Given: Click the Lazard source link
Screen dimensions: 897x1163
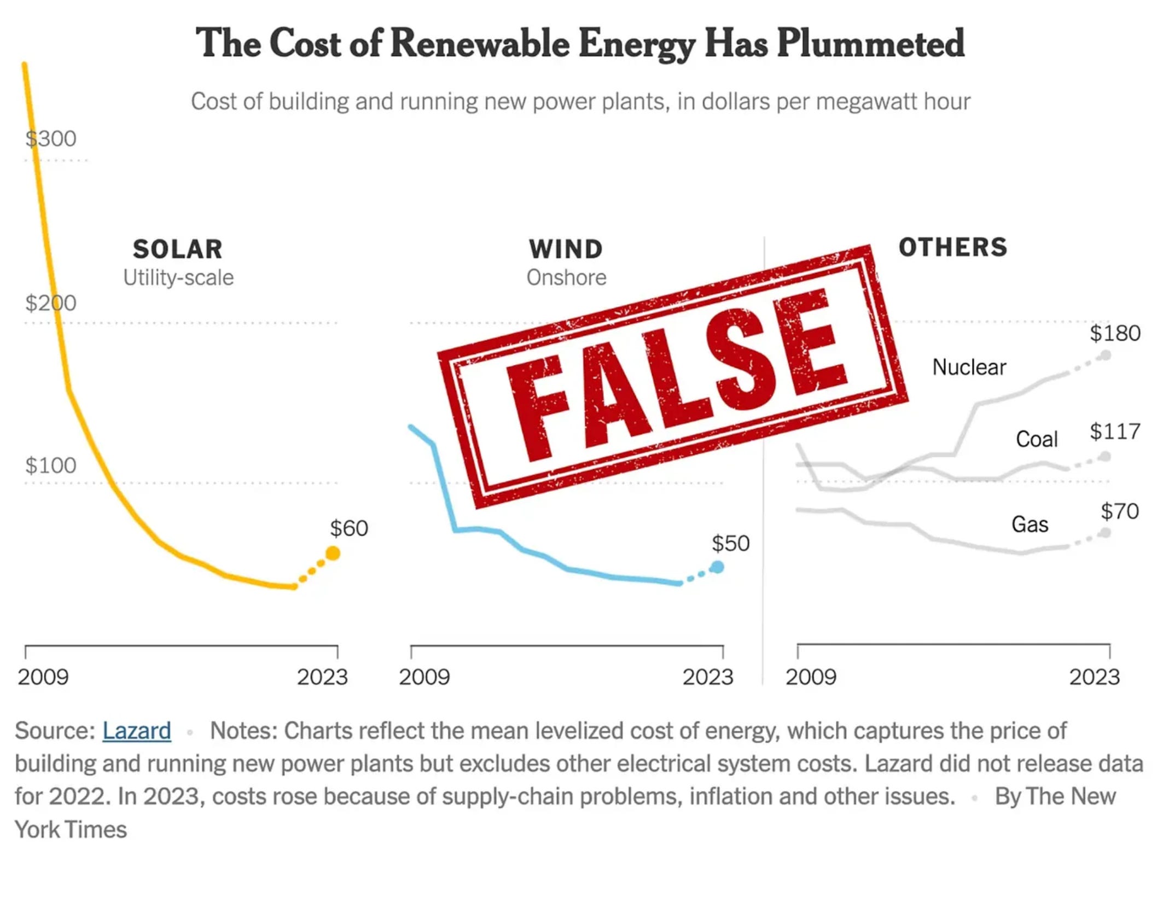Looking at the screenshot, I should (x=136, y=731).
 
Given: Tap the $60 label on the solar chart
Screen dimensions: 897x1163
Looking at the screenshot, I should (x=348, y=528).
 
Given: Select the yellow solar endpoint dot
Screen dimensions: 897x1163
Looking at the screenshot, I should (x=333, y=554).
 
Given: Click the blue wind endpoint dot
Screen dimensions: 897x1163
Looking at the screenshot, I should (x=717, y=567).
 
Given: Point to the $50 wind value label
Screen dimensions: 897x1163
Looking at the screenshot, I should (x=730, y=544).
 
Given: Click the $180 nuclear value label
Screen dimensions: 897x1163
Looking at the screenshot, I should (x=1114, y=333).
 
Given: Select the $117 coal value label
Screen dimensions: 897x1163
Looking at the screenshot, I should (x=1114, y=432).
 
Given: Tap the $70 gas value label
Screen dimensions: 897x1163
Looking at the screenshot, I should (x=1119, y=511).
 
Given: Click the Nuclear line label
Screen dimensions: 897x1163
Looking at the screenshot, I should (x=969, y=367).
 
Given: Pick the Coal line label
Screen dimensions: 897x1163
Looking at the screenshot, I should (x=1037, y=439).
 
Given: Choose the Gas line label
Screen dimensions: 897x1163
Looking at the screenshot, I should (x=1030, y=525).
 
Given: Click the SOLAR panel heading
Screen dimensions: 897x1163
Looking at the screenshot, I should (x=178, y=249).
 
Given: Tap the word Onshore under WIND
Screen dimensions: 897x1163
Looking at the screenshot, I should (x=566, y=278).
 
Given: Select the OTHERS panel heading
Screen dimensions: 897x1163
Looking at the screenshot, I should (x=952, y=247).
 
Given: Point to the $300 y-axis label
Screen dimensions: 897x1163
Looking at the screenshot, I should (x=51, y=139).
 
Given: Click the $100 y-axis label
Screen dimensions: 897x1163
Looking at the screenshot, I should (x=51, y=465).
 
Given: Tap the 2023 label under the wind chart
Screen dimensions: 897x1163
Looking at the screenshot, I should (x=707, y=677).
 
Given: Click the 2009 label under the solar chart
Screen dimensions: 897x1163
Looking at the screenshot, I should (x=43, y=677).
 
